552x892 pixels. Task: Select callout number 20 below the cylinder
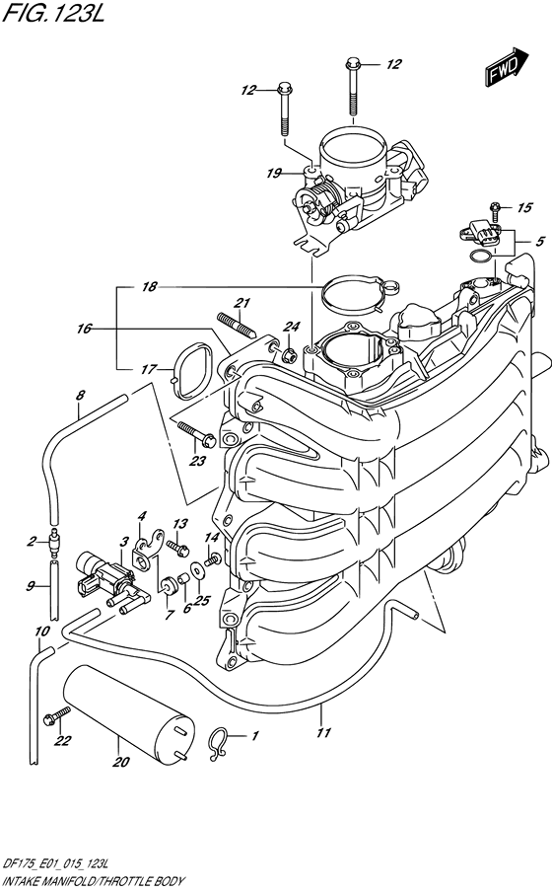click(x=121, y=762)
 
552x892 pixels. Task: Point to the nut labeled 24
click(x=291, y=352)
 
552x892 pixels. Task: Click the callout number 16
click(x=84, y=328)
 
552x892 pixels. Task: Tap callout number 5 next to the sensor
click(x=538, y=242)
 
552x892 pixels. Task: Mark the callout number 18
click(x=149, y=287)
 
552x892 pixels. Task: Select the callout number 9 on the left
click(x=32, y=585)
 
